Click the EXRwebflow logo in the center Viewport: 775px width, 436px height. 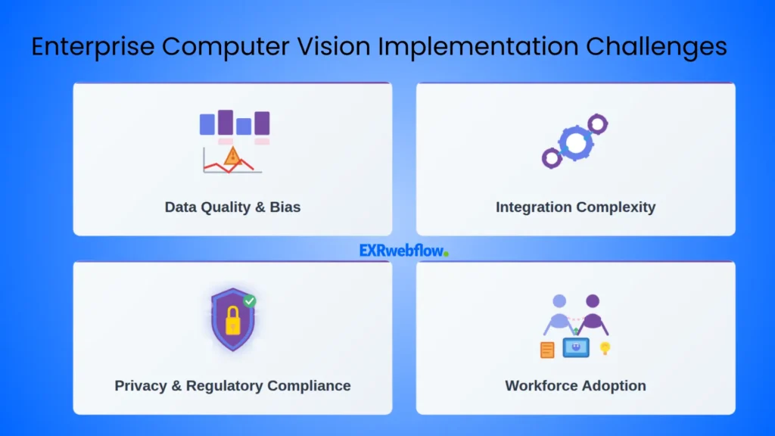[403, 250]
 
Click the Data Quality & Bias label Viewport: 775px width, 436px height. [232, 207]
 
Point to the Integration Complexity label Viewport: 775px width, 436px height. [575, 207]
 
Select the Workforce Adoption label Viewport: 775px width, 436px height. [575, 385]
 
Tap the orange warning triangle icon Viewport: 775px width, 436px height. [232, 156]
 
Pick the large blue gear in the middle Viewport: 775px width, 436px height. [576, 142]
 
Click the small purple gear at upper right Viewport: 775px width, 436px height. [599, 123]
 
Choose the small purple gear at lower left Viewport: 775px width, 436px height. [552, 158]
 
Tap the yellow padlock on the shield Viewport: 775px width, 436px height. [232, 321]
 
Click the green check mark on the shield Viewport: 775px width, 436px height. [249, 301]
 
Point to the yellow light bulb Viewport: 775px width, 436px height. [605, 347]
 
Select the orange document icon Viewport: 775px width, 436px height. [546, 349]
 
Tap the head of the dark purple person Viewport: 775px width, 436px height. [593, 301]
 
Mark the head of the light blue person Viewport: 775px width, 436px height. [559, 301]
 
